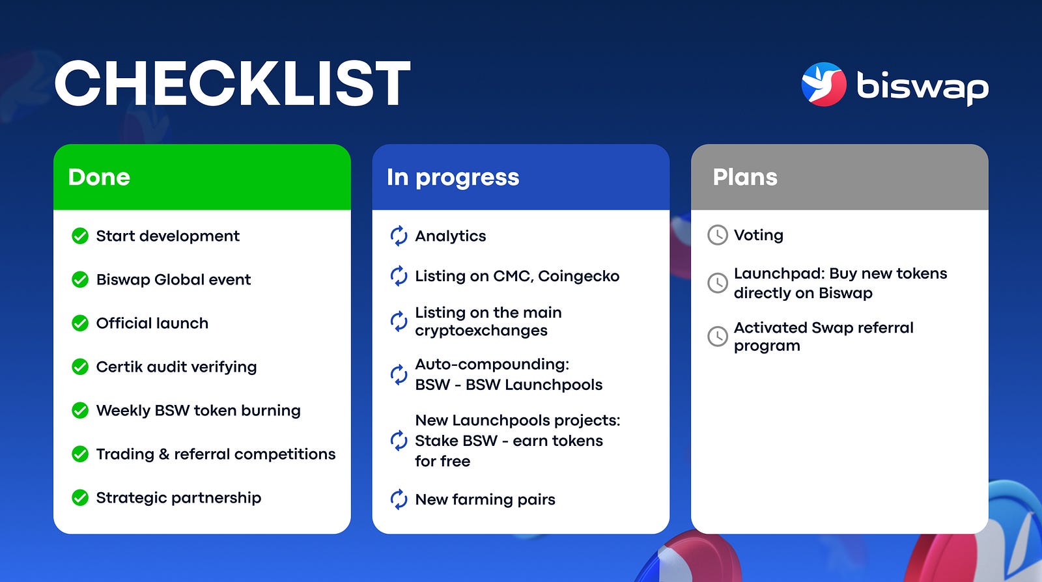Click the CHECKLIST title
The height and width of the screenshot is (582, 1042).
232,84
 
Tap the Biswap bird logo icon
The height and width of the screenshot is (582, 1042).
824,84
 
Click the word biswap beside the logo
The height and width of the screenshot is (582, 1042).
923,87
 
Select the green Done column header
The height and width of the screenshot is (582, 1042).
202,176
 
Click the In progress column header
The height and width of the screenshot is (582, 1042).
520,176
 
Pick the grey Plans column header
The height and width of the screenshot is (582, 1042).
839,176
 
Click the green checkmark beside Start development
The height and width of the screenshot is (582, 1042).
80,236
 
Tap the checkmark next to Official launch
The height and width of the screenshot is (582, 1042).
80,323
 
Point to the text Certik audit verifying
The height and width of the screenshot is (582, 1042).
176,367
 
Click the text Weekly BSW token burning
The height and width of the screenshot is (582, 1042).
198,411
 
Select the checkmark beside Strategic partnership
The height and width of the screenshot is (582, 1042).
80,497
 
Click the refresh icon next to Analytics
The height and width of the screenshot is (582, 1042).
399,236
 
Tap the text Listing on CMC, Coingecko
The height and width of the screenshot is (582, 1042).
517,276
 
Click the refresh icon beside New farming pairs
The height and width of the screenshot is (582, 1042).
399,499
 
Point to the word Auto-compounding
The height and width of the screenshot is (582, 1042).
492,365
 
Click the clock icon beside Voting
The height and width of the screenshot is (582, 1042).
717,235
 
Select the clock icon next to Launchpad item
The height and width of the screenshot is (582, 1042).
717,283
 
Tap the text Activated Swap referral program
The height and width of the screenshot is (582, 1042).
824,337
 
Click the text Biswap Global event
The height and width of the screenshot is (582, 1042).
173,279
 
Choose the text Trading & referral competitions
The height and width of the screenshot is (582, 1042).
216,454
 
